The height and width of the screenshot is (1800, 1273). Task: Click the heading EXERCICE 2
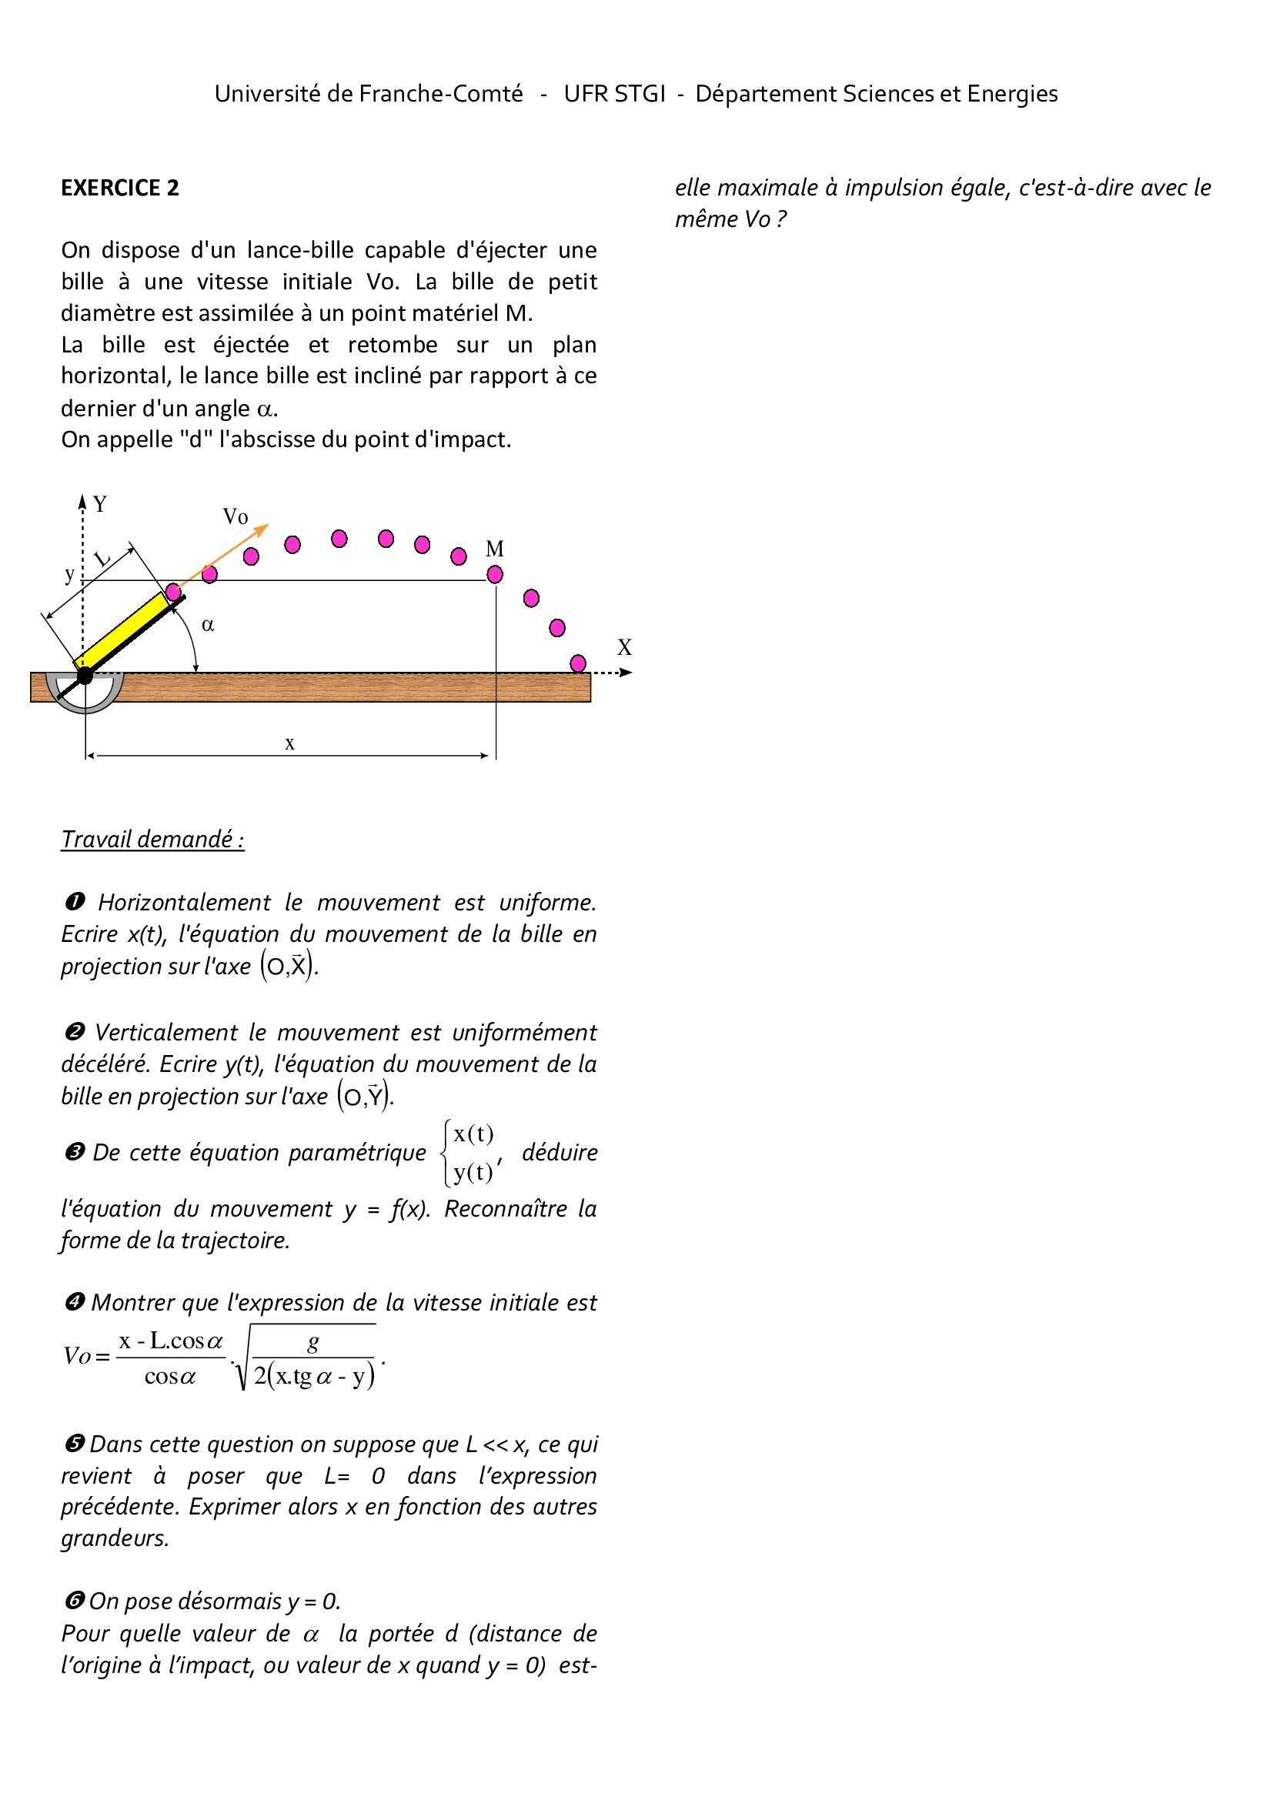pos(120,188)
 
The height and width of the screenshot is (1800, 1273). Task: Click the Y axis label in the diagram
pos(99,504)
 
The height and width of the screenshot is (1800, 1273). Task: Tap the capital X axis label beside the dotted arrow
pos(624,647)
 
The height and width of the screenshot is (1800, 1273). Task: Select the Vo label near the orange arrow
pos(236,516)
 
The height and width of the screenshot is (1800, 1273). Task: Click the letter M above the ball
pos(495,549)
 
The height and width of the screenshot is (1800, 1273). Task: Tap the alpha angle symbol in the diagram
pos(208,625)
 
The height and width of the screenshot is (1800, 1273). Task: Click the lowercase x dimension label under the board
pos(290,743)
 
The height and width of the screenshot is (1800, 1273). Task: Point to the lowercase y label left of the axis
pos(70,575)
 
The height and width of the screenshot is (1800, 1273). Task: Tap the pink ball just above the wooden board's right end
pos(579,663)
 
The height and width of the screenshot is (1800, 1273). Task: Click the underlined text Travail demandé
pos(153,840)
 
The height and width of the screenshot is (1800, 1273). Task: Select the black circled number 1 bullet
pos(75,903)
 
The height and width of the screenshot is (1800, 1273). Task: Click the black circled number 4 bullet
pos(75,1302)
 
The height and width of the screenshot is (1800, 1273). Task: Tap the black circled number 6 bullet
pos(75,1600)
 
